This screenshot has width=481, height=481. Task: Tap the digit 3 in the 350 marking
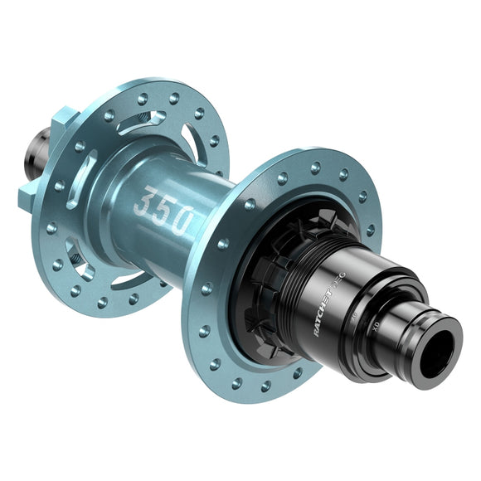coord(145,202)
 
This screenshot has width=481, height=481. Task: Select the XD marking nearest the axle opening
coord(380,319)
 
